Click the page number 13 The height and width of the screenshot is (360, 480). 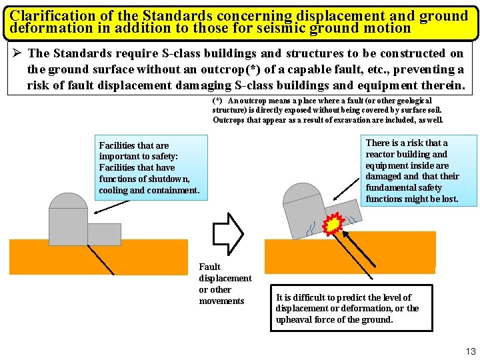471,351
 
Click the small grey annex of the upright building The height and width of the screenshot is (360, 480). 104,233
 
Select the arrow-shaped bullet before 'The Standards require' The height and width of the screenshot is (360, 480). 16,53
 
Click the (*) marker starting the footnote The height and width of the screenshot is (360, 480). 217,100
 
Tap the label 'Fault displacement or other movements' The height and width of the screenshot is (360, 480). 225,284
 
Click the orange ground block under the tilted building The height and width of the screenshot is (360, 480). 350,252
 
